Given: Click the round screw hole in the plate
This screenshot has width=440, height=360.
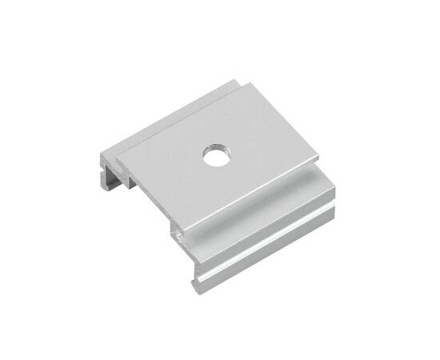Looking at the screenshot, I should [x=215, y=154].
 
